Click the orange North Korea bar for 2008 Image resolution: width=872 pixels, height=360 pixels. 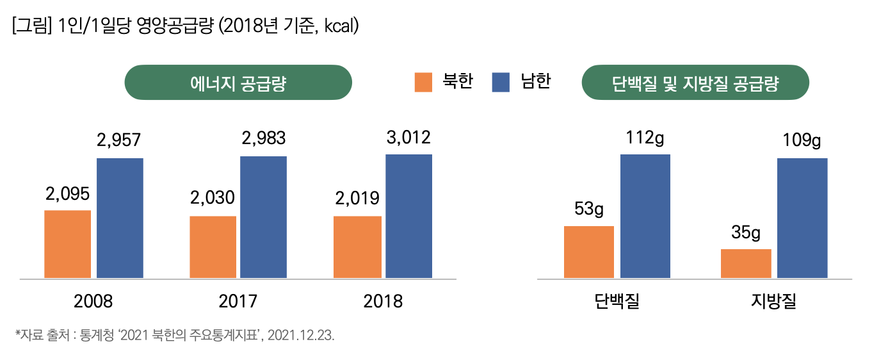click(67, 244)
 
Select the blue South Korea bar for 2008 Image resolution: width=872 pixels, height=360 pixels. click(120, 218)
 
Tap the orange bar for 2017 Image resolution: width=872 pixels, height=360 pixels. click(213, 247)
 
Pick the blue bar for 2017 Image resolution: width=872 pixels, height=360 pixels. click(263, 217)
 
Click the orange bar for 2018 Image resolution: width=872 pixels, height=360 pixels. click(357, 247)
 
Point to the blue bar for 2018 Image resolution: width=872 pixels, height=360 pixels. click(408, 217)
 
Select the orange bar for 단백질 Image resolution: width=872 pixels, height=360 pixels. click(588, 252)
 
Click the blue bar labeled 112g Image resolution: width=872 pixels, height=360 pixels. click(645, 217)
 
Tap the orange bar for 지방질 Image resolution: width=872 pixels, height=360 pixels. click(746, 263)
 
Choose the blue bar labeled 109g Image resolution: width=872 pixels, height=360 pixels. click(802, 218)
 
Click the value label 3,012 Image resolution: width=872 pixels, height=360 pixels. click(408, 137)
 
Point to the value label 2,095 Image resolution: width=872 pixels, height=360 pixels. click(67, 193)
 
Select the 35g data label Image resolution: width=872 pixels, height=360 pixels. click(746, 233)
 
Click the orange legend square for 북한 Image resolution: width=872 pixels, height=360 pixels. click(423, 83)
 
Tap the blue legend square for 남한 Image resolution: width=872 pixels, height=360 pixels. click(501, 83)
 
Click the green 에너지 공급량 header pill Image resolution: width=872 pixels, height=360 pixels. click(238, 83)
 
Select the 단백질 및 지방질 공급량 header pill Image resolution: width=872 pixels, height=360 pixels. click(695, 83)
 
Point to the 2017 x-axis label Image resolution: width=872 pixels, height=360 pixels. click(238, 301)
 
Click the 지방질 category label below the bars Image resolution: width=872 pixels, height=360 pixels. click(773, 301)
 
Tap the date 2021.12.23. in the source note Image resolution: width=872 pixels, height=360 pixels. click(301, 336)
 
